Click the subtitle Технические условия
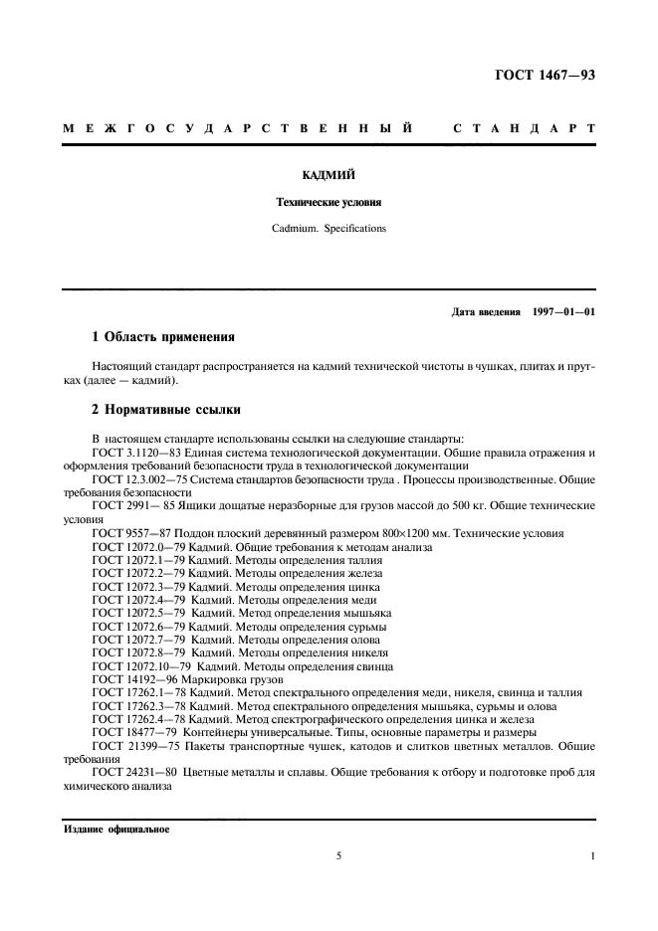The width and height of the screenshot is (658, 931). click(x=329, y=201)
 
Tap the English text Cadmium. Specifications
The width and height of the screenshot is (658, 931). click(x=329, y=228)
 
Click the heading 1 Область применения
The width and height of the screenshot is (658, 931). click(x=163, y=337)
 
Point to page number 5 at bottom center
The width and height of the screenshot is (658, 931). click(x=338, y=854)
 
